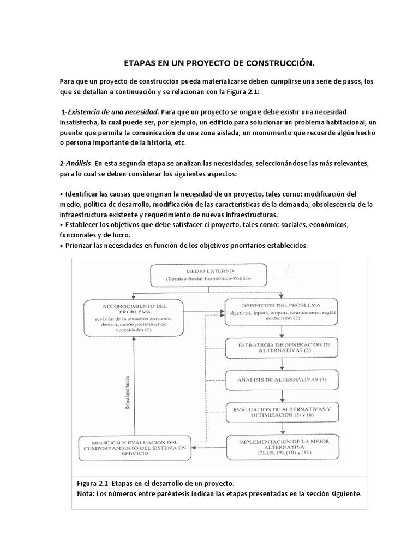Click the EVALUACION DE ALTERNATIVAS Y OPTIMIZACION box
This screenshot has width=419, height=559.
point(281,412)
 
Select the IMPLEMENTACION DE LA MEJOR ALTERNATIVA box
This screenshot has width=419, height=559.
point(281,446)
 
